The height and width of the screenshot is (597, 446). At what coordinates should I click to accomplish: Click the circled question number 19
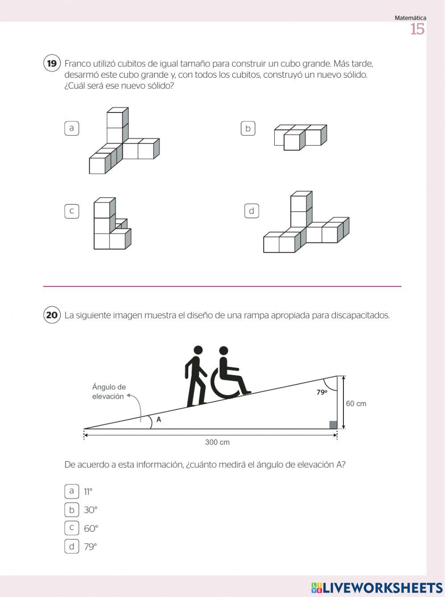coord(52,63)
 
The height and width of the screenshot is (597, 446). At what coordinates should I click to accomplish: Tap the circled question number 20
coord(52,315)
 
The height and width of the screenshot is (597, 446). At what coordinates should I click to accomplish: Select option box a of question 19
coord(71,128)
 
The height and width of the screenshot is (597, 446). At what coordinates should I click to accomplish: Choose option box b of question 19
coord(248,129)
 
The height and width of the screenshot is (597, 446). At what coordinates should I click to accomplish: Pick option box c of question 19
coord(71,211)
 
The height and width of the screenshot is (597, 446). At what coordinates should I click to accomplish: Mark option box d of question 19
coord(252,211)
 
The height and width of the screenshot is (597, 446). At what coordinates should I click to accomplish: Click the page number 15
coord(417,29)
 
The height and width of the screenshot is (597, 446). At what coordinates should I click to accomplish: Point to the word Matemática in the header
coord(410,18)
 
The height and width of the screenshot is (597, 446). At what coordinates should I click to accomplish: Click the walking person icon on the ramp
coord(195,376)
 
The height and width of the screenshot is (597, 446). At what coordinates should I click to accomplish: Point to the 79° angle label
coord(322,392)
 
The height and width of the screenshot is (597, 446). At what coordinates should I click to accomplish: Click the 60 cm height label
coord(356,404)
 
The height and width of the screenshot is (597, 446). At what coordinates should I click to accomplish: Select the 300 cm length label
coord(217,442)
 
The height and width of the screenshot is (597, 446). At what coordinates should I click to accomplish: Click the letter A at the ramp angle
coord(159,420)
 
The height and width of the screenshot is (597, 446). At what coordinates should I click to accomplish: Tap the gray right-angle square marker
coord(333,425)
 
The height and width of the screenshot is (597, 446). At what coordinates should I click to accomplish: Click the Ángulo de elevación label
coord(109,392)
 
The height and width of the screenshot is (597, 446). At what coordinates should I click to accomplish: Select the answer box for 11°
coord(71,491)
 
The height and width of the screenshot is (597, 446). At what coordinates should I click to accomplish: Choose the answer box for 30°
coord(71,509)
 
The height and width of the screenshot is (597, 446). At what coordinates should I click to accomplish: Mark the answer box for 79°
coord(71,546)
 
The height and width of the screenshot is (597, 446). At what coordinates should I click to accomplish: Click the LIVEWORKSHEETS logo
coord(377,588)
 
